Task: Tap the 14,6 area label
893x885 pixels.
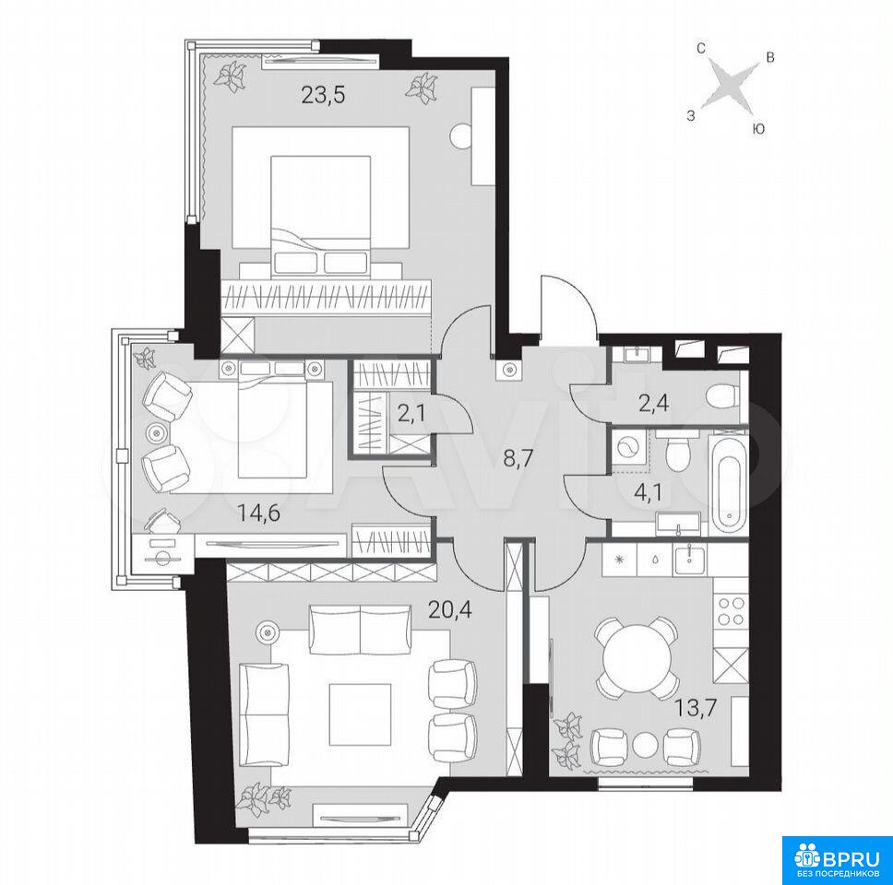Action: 259,513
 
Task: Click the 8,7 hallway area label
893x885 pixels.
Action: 518,457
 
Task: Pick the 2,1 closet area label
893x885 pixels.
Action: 411,414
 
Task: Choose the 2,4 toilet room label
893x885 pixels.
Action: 653,404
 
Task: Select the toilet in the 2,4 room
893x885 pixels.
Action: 721,395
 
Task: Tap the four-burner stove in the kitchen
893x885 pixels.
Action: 731,610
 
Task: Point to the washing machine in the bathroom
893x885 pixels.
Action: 630,449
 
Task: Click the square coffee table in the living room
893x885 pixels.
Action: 360,714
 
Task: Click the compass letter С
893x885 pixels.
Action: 702,49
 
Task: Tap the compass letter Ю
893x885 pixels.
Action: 758,130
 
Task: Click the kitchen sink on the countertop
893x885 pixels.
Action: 690,558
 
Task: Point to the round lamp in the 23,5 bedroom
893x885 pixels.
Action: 462,135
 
